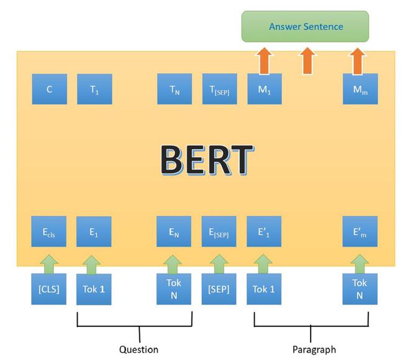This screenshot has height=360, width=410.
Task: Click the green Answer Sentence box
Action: coord(305,27)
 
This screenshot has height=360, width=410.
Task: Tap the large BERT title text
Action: coord(206,160)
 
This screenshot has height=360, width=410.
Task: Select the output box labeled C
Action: coord(49,90)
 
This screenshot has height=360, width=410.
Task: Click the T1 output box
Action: coord(94,90)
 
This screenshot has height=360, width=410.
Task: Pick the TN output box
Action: coord(175,90)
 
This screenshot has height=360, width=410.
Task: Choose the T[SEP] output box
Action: coord(219,90)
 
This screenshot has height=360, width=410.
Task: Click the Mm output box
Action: coord(360,90)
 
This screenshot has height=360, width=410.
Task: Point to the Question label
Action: coord(139,349)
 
